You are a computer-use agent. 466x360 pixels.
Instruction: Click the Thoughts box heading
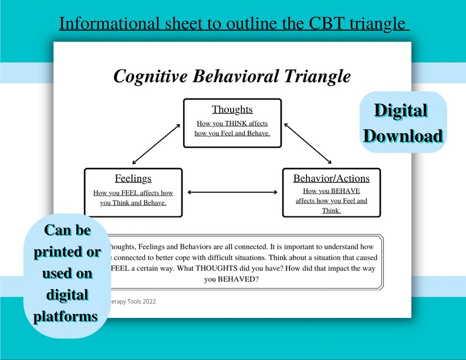click(x=232, y=110)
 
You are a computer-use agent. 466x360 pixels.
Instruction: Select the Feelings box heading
click(x=133, y=179)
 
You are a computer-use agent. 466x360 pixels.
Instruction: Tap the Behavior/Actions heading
click(x=332, y=178)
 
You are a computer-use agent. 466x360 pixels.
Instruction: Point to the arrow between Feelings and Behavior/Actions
click(x=232, y=192)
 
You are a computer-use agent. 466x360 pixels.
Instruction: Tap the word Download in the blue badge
click(x=402, y=136)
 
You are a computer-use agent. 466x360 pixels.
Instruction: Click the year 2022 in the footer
click(x=147, y=301)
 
